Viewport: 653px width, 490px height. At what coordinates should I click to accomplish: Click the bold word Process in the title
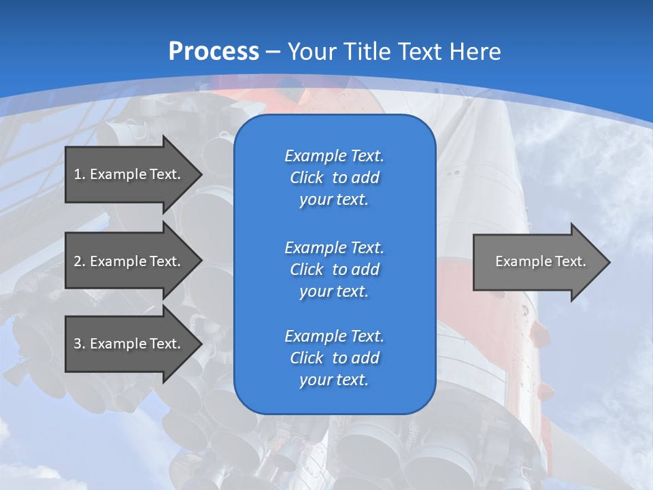[x=214, y=52]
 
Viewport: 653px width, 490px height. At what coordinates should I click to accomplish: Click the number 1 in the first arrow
[x=77, y=174]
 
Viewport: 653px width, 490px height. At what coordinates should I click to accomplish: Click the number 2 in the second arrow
[x=78, y=261]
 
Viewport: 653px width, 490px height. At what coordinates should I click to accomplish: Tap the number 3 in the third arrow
[x=78, y=344]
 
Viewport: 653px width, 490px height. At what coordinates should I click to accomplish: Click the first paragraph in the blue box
[x=334, y=178]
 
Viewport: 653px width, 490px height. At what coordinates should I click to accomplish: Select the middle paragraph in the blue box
[x=334, y=269]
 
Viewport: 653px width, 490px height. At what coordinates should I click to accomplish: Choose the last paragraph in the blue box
[x=334, y=358]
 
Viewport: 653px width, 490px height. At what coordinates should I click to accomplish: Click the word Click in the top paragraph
[x=306, y=178]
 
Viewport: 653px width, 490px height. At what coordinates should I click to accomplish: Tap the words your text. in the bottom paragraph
[x=334, y=380]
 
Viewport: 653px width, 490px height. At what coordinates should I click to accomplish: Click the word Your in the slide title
[x=314, y=52]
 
